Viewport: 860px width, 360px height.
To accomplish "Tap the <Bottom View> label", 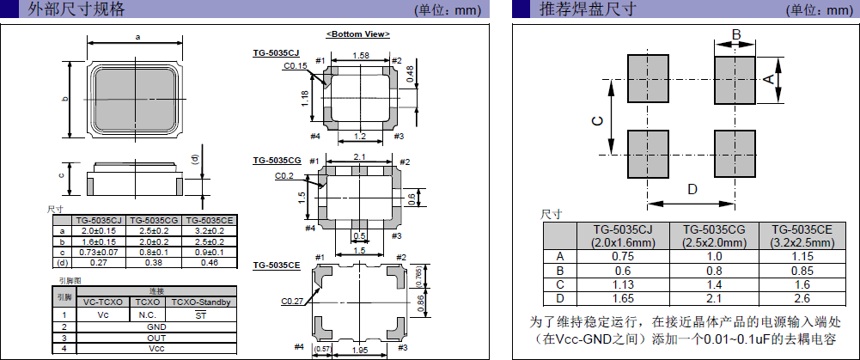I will click(x=358, y=34).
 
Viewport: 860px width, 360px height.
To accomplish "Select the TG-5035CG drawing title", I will click(x=277, y=161).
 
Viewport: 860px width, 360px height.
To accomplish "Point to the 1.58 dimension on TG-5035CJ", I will click(x=361, y=55).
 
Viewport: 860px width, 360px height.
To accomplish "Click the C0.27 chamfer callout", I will click(x=292, y=302).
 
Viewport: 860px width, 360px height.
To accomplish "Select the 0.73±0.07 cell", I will click(x=100, y=253).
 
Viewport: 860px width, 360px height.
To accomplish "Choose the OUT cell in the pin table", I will click(x=156, y=338).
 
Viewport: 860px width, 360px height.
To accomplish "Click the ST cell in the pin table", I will click(x=200, y=314).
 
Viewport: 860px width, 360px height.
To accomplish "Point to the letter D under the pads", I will click(x=692, y=189).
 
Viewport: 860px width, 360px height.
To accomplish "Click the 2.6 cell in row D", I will click(x=802, y=298).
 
